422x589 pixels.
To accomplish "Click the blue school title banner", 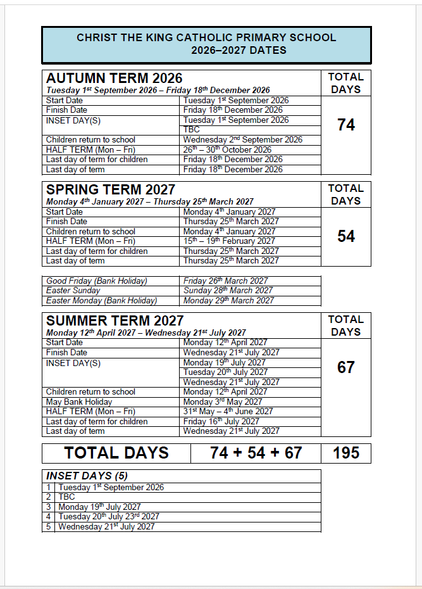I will [x=206, y=44].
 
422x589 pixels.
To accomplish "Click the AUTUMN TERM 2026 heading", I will [x=115, y=78].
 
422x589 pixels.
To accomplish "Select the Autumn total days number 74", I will [x=346, y=125].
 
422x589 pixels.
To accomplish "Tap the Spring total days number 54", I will [x=346, y=237].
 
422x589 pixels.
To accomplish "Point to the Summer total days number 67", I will [x=346, y=368].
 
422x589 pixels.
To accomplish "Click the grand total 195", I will [x=346, y=453].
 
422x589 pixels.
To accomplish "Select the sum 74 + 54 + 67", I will [x=256, y=453].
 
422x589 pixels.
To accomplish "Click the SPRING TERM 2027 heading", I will [x=111, y=189].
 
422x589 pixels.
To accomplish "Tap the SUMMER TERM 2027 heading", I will [x=115, y=320].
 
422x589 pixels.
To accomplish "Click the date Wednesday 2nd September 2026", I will [x=243, y=140].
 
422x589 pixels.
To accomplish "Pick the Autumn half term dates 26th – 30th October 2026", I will [x=227, y=150].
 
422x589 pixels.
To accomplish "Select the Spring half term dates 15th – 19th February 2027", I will [x=229, y=241].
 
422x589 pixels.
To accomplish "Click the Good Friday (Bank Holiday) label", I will [x=97, y=281].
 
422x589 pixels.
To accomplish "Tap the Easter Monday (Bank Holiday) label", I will [x=101, y=301].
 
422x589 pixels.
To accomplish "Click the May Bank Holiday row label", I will [x=79, y=402].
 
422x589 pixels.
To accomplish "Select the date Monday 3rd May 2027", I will [x=222, y=402].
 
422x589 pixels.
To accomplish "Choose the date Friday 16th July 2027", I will [x=221, y=421].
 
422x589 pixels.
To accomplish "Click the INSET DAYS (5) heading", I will [x=87, y=476].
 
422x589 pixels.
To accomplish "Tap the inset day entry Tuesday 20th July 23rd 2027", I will [x=109, y=517].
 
